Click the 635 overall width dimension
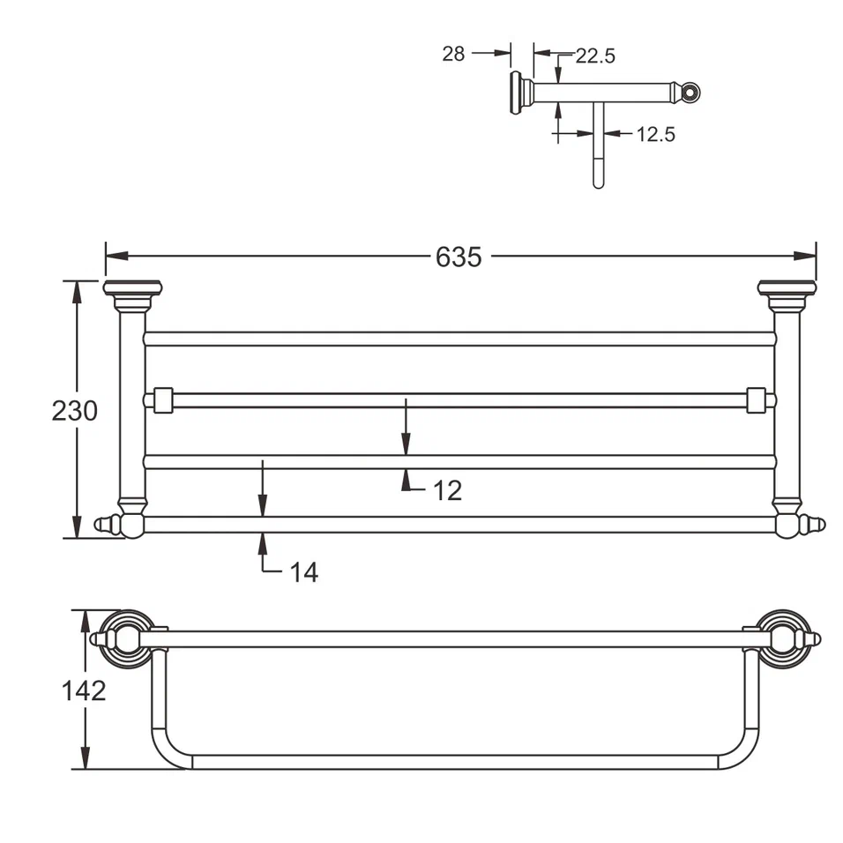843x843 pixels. [459, 257]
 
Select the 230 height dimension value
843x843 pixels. [74, 411]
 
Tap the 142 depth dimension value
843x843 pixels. [84, 690]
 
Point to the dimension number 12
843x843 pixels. [447, 490]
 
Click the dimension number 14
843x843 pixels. [303, 572]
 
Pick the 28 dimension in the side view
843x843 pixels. [453, 54]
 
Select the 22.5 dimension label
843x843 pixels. [595, 56]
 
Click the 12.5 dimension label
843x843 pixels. [655, 134]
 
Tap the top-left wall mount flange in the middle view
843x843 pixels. [132, 288]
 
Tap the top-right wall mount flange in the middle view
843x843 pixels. [787, 288]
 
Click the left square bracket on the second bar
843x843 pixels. [162, 400]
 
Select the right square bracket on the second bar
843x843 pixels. [756, 400]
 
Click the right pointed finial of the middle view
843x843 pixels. [816, 526]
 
